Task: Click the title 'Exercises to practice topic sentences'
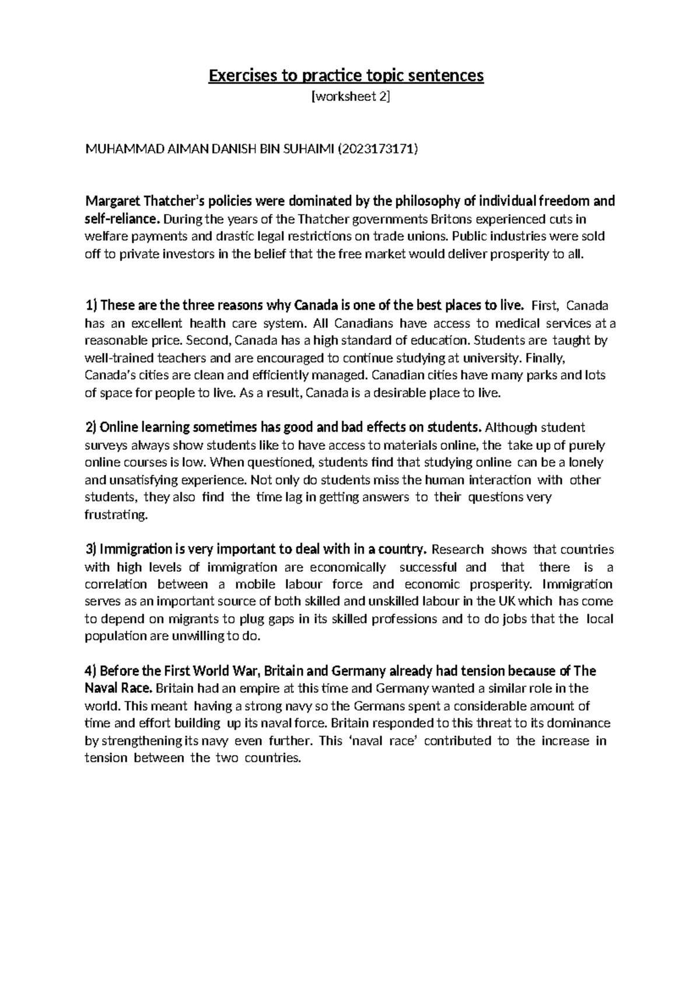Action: [x=346, y=76]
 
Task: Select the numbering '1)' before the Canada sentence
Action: [x=92, y=306]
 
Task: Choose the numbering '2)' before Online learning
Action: [x=92, y=428]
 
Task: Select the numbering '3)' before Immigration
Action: [x=92, y=550]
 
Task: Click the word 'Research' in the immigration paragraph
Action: [x=457, y=550]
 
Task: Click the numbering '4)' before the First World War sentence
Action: [x=92, y=671]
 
